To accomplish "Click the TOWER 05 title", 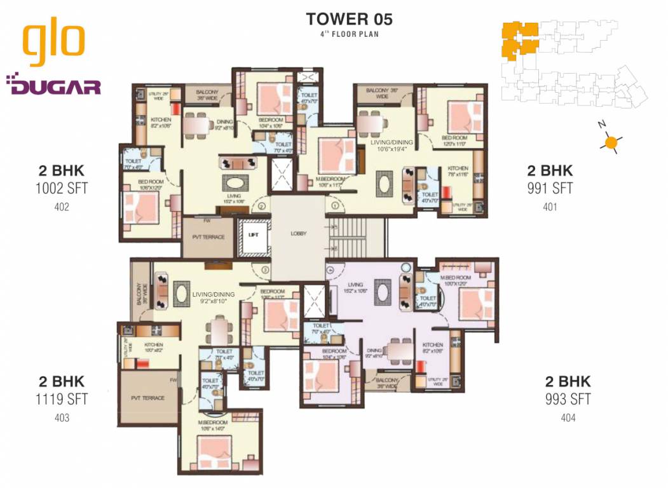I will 349,18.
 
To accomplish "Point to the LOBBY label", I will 298,233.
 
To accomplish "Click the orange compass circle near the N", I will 611,143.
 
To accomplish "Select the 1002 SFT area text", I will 62,188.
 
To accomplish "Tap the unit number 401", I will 550,207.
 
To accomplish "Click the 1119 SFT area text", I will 62,399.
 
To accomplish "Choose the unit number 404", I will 568,417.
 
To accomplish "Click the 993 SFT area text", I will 568,399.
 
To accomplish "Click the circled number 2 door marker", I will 261,205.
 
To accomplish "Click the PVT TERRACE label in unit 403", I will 147,398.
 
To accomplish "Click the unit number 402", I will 62,207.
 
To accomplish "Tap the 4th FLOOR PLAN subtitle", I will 349,34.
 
